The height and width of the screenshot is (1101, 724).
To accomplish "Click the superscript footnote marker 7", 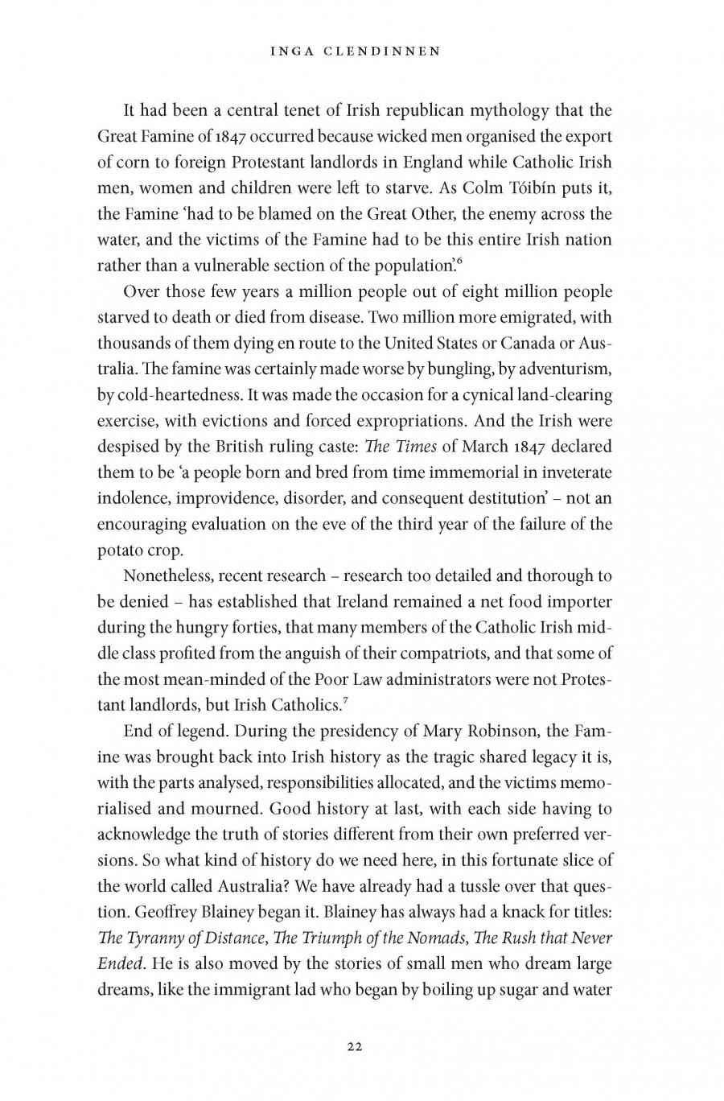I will click(x=345, y=700).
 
